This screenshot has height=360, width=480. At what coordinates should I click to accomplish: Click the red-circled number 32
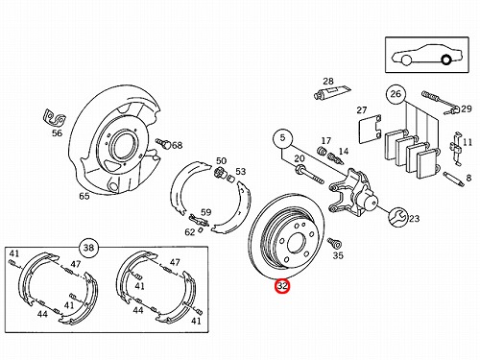[282, 286]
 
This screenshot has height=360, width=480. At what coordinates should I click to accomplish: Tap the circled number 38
[88, 248]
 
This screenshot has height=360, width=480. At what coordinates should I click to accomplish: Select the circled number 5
[282, 138]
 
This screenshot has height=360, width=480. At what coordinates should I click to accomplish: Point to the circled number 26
[396, 94]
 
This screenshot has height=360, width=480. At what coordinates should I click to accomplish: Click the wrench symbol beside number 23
[397, 217]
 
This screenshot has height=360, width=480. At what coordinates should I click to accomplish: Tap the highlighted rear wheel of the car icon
[445, 60]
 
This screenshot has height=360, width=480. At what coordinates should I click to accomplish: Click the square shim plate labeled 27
[370, 128]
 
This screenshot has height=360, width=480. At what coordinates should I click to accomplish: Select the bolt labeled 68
[163, 143]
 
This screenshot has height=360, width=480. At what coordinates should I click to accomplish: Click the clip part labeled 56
[55, 117]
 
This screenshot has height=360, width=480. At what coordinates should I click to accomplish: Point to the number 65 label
[84, 196]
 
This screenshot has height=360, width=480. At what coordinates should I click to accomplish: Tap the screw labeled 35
[335, 243]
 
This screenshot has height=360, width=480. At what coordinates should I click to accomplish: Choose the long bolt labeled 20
[309, 174]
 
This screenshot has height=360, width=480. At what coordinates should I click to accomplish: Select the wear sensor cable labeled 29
[441, 103]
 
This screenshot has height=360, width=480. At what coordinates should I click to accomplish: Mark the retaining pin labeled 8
[453, 180]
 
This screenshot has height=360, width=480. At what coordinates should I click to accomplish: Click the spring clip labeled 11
[457, 149]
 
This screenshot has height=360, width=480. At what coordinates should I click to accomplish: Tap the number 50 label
[221, 160]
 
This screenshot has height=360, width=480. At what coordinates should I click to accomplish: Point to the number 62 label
[190, 232]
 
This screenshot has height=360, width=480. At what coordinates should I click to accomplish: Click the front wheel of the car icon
[406, 60]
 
